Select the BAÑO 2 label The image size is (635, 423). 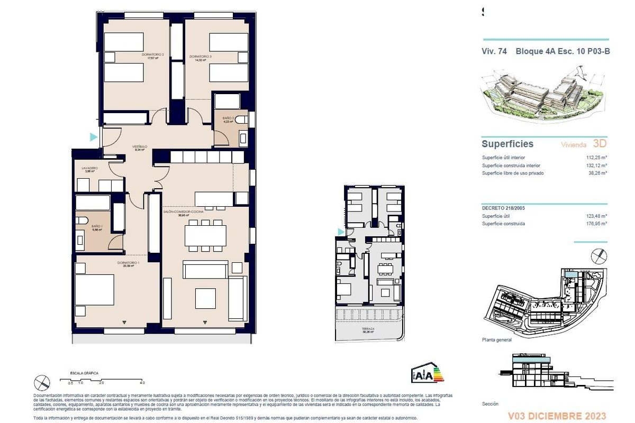pyautogui.click(x=228, y=119)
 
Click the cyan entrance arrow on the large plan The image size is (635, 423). pyautogui.click(x=94, y=137)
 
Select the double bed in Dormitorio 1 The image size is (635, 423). pyautogui.click(x=95, y=290)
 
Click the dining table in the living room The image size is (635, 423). pyautogui.click(x=205, y=235)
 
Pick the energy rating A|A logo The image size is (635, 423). pyautogui.click(x=427, y=374)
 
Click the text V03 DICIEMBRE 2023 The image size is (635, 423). pyautogui.click(x=557, y=416)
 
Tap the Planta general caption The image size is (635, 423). pyautogui.click(x=496, y=340)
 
